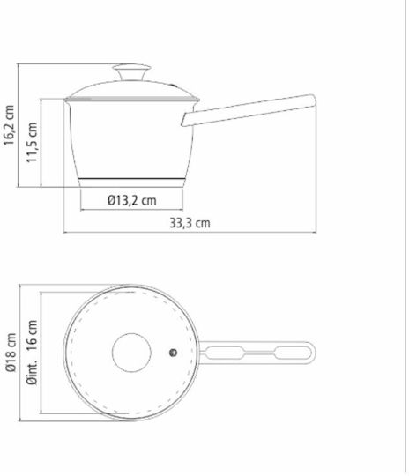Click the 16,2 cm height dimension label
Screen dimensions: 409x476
pyautogui.click(x=9, y=125)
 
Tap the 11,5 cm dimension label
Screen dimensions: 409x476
pyautogui.click(x=32, y=142)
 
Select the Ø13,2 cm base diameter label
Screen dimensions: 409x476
pyautogui.click(x=131, y=200)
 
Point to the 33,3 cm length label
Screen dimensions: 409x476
pyautogui.click(x=190, y=223)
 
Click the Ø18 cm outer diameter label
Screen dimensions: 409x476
pyautogui.click(x=11, y=352)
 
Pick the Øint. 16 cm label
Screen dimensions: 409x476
pyautogui.click(x=32, y=352)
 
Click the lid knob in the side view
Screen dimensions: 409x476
pyautogui.click(x=131, y=71)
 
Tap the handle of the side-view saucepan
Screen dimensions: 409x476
pyautogui.click(x=249, y=110)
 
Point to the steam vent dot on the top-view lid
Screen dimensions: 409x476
pyautogui.click(x=173, y=353)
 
